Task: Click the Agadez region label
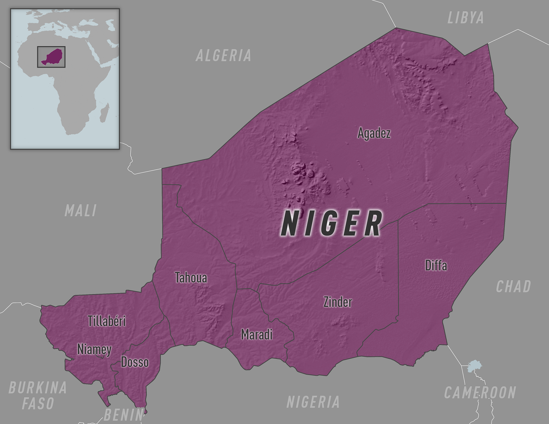374,133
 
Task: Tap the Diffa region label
436,265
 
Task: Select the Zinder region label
337,302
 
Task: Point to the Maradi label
257,334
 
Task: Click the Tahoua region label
191,278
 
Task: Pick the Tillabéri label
107,321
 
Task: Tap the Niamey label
94,349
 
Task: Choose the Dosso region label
135,362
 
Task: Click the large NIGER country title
332,224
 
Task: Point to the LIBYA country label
466,18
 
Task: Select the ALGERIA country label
223,56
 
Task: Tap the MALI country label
81,211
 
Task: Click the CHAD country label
513,287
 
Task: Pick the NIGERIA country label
313,402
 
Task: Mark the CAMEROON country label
480,393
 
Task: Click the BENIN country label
124,415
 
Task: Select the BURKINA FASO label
38,395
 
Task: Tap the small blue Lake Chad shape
474,366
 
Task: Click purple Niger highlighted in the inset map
53,57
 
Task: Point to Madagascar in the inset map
104,113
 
